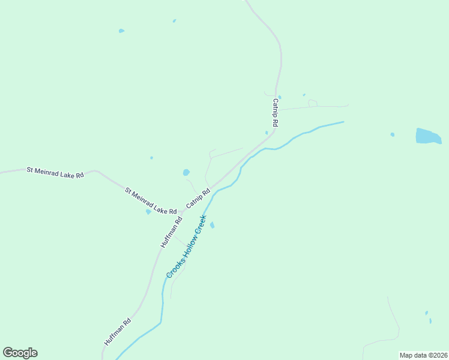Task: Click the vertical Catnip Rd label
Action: coord(276,112)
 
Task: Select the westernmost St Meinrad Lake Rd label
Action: coord(55,172)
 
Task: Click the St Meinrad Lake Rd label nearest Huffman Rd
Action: coord(151,202)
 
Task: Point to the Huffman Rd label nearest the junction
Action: coord(171,233)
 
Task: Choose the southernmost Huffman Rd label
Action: coord(118,331)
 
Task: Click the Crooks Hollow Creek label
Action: coord(186,246)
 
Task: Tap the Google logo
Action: coord(20,353)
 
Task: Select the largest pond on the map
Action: coord(427,136)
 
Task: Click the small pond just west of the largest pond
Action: coord(393,134)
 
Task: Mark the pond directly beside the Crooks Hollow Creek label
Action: coord(212,225)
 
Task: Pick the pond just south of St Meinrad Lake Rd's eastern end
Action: coord(148,212)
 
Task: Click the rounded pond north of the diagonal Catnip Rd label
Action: coord(186,173)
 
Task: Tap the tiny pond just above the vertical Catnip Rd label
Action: coord(280,97)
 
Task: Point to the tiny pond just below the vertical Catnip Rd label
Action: coord(267,133)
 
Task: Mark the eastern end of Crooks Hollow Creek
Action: coord(343,122)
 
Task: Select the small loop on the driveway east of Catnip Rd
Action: coord(313,103)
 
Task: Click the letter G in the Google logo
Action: coord(8,352)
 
